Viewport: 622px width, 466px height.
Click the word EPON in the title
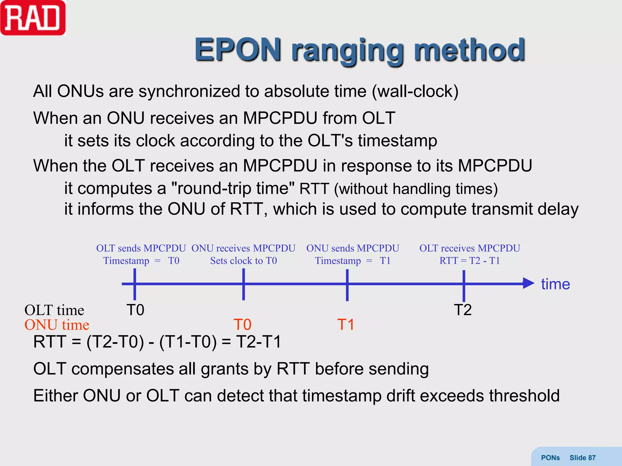(x=238, y=50)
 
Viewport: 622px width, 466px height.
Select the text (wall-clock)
(x=415, y=91)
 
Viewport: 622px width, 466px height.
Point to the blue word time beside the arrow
(x=555, y=284)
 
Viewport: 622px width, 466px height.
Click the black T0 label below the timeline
(x=135, y=310)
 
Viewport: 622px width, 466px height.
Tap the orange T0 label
(x=242, y=325)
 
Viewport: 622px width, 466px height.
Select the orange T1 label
(x=346, y=325)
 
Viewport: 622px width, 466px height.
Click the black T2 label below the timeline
(x=463, y=310)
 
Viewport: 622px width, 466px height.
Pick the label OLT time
(x=54, y=310)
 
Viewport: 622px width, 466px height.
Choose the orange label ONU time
(x=57, y=325)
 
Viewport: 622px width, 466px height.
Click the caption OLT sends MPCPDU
(x=141, y=248)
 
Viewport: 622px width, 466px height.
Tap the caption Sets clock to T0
(x=243, y=261)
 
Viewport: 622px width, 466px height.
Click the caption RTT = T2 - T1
(x=470, y=261)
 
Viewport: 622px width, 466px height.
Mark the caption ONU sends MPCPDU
(x=353, y=248)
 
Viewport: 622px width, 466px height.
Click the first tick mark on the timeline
(x=135, y=284)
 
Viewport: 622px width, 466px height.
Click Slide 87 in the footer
(x=582, y=458)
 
